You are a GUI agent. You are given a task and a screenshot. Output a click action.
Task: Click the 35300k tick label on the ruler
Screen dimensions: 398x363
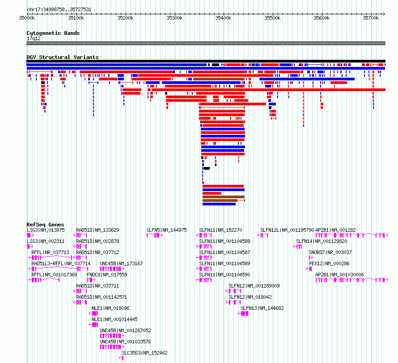(174, 18)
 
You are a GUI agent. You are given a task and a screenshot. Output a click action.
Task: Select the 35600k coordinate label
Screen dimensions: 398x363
(322, 18)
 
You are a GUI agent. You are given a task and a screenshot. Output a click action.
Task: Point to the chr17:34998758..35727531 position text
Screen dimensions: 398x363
(59, 10)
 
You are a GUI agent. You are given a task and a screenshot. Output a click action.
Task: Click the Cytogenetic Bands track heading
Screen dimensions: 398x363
(53, 33)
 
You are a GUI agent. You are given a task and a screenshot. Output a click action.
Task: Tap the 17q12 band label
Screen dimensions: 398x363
(34, 38)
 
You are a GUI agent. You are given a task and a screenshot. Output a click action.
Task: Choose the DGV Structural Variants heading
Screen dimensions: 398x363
(63, 57)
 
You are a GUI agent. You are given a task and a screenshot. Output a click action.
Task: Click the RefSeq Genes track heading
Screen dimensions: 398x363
(45, 225)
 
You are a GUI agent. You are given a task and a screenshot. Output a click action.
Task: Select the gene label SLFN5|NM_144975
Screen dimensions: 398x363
(166, 230)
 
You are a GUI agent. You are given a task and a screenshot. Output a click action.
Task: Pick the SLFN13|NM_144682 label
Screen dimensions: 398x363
(262, 308)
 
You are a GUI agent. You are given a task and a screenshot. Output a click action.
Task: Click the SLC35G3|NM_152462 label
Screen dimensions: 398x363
(145, 353)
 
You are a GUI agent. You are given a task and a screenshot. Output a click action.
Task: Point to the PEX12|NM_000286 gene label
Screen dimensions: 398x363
(329, 263)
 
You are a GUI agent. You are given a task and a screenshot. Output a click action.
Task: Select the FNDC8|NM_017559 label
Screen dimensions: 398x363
(107, 275)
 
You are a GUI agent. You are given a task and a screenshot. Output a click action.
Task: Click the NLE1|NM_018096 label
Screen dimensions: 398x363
(110, 308)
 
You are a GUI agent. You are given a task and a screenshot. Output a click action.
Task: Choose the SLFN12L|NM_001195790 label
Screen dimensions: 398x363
(288, 230)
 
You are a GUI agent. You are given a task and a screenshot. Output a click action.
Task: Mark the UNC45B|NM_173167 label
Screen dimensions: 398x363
(121, 263)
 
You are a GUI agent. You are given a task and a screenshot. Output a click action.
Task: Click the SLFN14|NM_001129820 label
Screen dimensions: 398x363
(322, 241)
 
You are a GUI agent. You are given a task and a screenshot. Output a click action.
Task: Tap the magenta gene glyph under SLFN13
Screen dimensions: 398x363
(243, 313)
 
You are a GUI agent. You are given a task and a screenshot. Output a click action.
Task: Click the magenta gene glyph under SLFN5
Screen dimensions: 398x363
(155, 235)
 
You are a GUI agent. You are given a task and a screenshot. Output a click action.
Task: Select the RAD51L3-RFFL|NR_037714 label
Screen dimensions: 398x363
(61, 263)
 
